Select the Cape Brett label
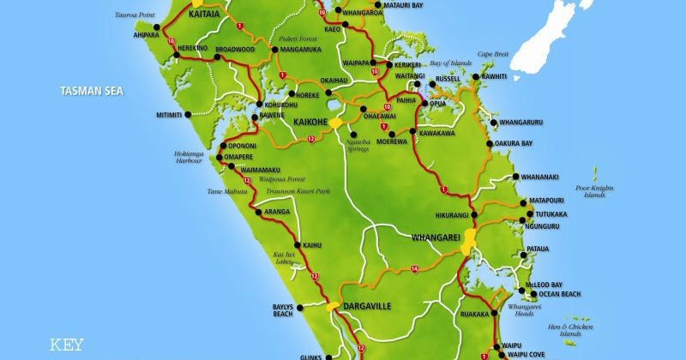(494, 54)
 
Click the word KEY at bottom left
(67, 345)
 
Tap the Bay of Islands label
(451, 63)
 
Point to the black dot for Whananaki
(516, 177)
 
